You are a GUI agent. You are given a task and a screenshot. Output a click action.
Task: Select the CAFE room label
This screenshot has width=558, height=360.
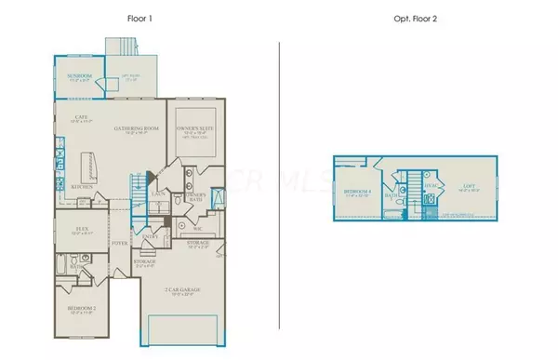pos(82,118)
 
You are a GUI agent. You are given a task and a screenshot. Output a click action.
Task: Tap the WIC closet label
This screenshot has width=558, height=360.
pos(198,226)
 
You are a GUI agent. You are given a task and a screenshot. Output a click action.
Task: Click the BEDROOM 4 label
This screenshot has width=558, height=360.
pos(358,193)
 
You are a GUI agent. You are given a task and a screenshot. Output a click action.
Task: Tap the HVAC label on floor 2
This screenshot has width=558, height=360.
pos(429,185)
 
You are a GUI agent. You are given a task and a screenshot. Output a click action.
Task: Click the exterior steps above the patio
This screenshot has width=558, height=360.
pos(121,47)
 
